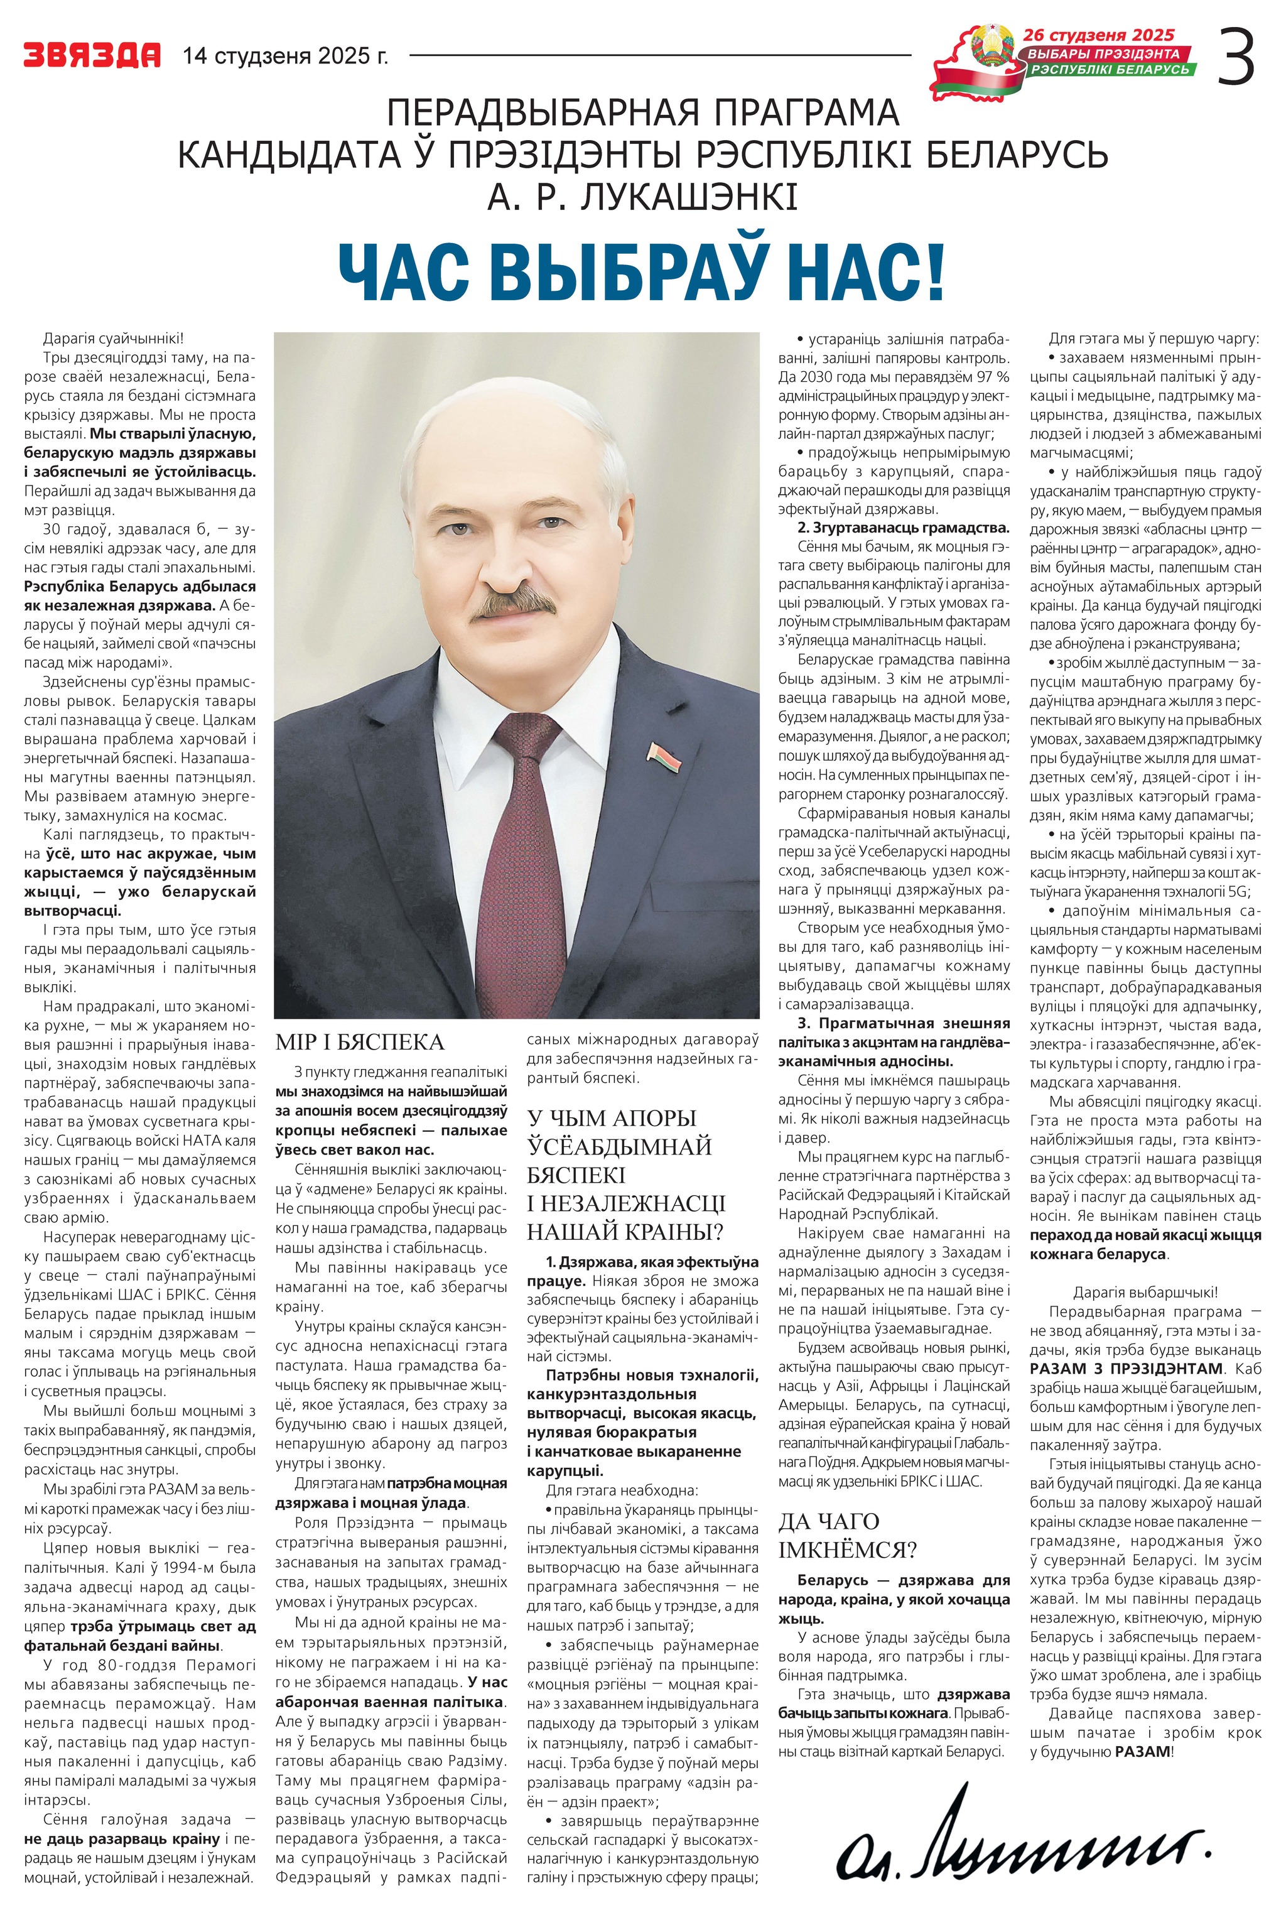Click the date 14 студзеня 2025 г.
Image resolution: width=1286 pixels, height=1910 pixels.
[x=284, y=56]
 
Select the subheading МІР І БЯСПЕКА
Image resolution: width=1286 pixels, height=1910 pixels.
[x=359, y=1043]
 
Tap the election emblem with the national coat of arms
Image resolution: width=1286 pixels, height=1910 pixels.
[x=989, y=49]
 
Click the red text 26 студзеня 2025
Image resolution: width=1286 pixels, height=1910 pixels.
[x=1098, y=35]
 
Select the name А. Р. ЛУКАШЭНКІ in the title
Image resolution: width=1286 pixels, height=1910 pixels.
[x=642, y=198]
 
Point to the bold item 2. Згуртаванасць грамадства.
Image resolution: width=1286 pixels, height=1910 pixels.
[x=903, y=528]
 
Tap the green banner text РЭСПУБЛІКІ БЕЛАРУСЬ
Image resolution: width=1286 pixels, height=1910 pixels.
[x=1109, y=70]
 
